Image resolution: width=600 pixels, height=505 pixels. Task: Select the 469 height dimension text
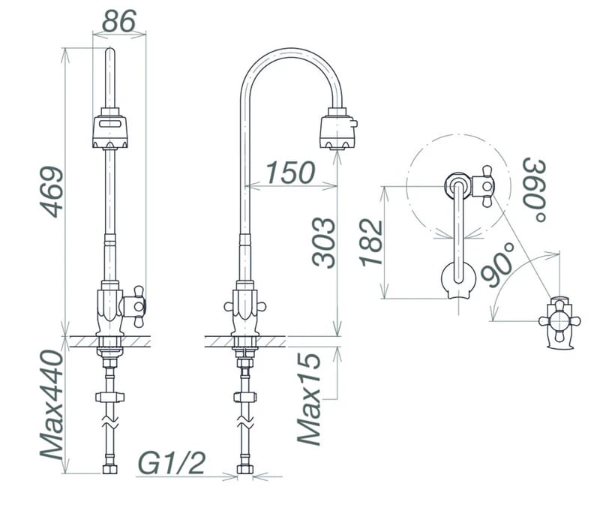pos(52,192)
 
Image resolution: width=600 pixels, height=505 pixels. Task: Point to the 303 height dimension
pos(323,243)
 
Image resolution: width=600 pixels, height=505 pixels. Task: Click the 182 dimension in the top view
pos(370,243)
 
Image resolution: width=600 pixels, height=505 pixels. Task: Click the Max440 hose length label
pos(52,404)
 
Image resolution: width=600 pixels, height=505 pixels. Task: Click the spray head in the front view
pos(110,131)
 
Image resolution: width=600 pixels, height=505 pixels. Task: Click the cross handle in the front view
pos(133,305)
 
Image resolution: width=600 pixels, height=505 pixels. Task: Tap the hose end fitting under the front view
pos(110,470)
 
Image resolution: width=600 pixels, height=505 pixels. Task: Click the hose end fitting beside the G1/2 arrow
pos(244,470)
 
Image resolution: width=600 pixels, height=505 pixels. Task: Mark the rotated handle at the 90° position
pos(559,321)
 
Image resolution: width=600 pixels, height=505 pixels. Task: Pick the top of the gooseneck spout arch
pos(289,51)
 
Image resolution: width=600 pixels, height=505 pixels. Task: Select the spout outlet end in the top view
pos(457,281)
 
